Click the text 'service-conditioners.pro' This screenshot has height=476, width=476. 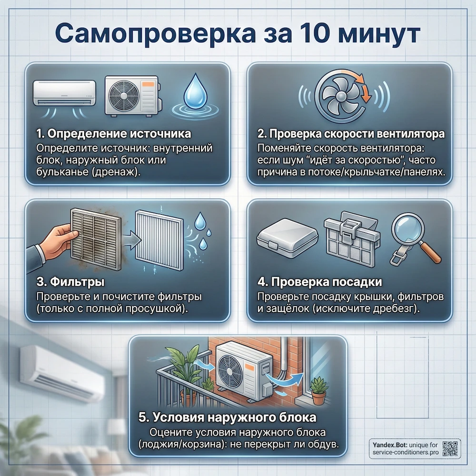coord(406,452)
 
